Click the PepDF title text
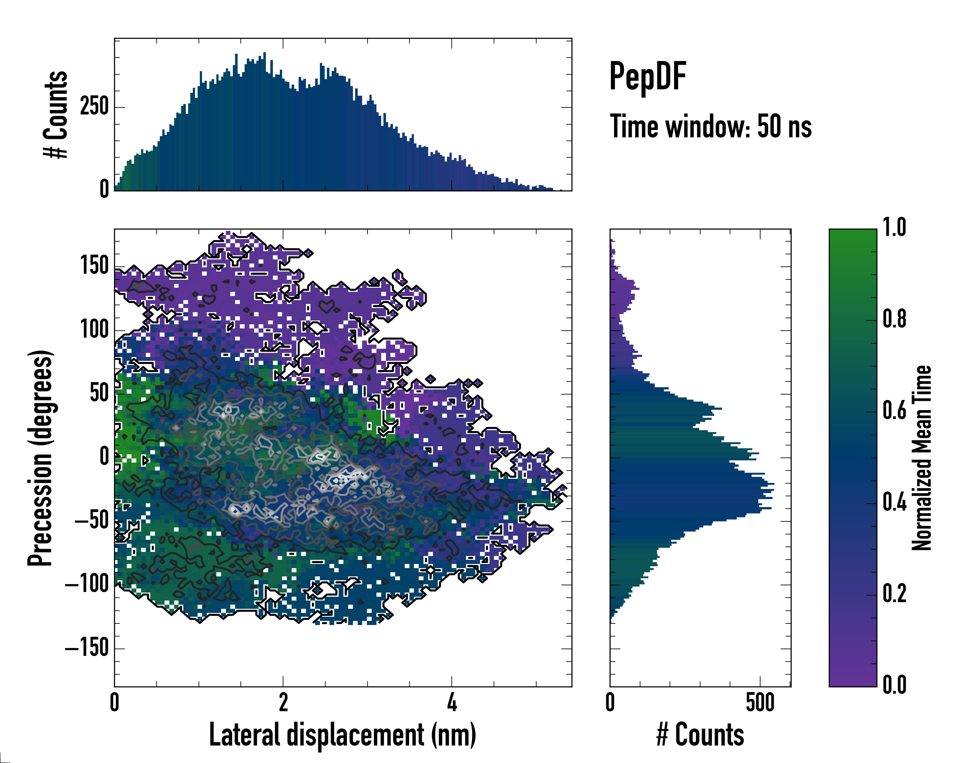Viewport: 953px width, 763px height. tap(647, 76)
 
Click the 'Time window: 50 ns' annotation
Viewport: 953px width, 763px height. tap(710, 127)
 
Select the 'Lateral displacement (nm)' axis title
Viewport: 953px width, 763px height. tap(342, 735)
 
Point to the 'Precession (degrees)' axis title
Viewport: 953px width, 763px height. tap(40, 458)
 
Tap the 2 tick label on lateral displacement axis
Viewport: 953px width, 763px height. tap(283, 702)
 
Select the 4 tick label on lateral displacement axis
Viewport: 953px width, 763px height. tap(452, 702)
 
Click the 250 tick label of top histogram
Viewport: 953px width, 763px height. tap(94, 107)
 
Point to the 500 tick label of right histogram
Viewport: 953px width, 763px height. tap(760, 702)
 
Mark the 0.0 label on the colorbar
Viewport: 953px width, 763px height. tap(894, 685)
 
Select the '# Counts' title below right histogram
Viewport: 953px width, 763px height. tap(700, 735)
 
